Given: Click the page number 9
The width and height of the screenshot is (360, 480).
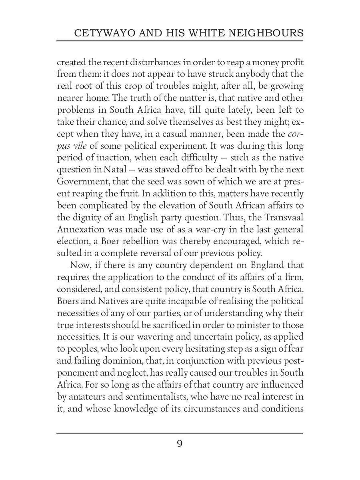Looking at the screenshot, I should [180, 444].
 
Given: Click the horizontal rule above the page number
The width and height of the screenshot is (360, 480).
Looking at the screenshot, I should [180, 433].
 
